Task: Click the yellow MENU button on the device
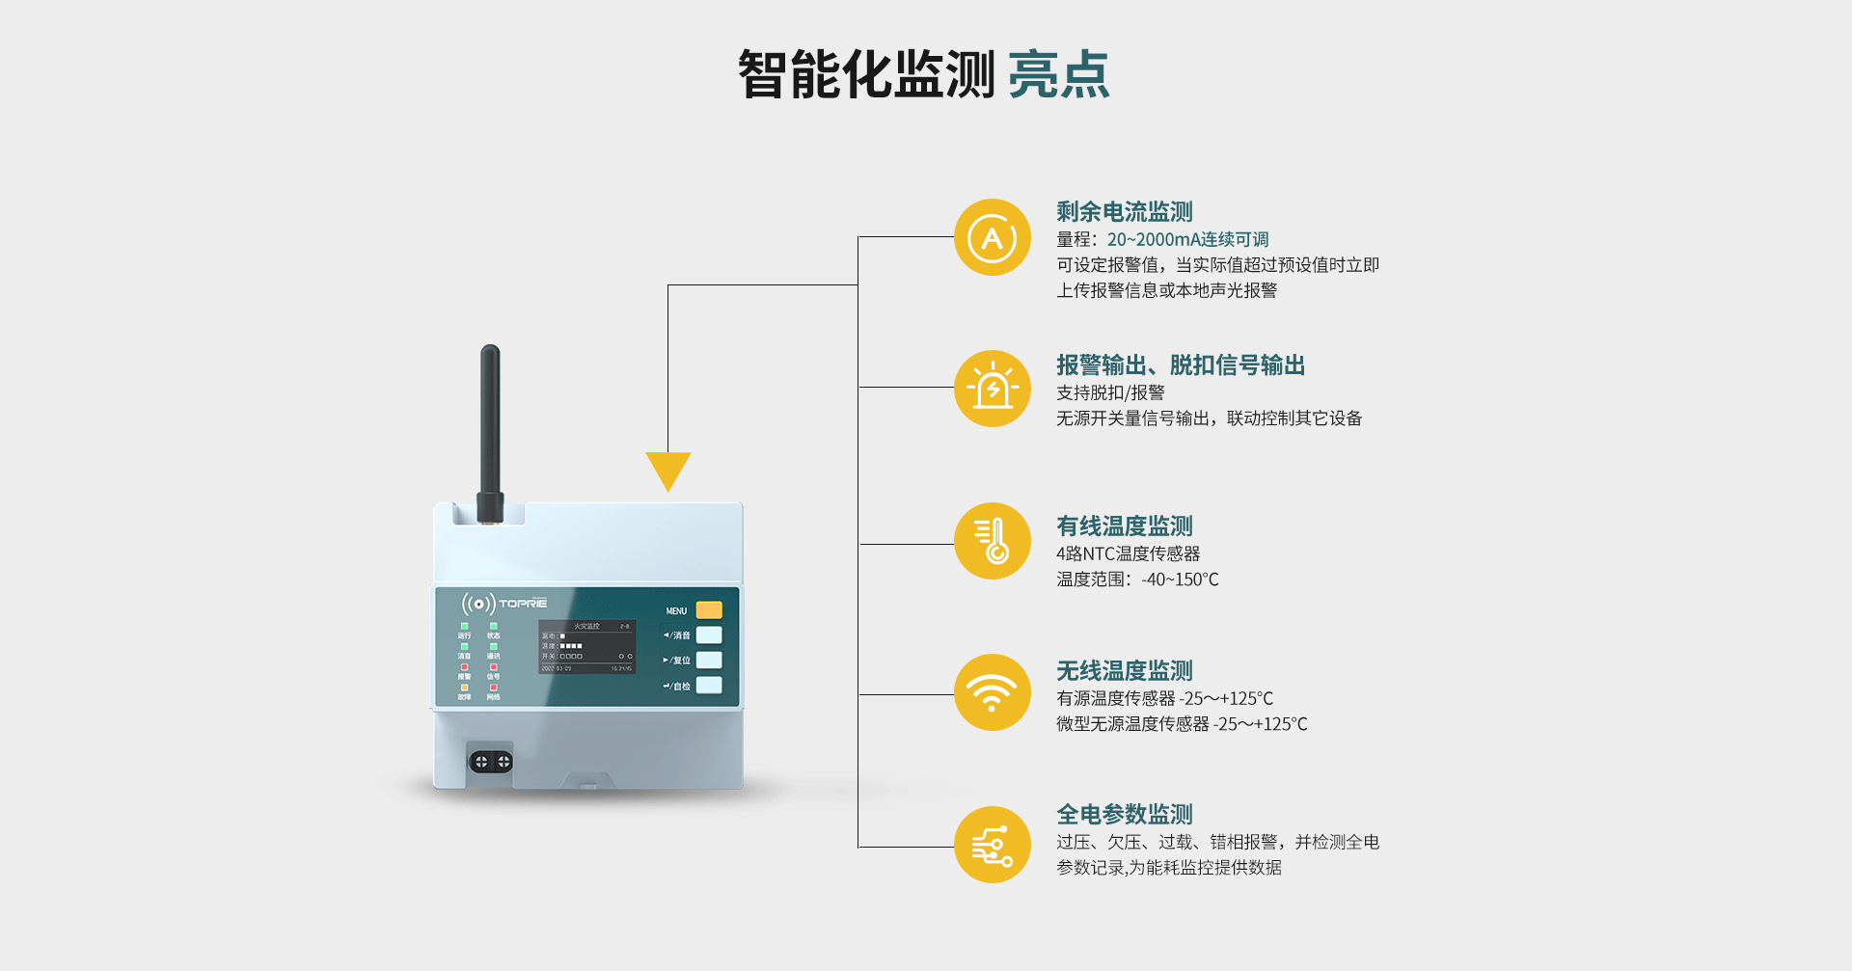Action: (708, 610)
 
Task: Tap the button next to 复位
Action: (708, 661)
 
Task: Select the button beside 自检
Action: (708, 686)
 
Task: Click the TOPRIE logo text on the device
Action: (522, 604)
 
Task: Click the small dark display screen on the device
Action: (586, 647)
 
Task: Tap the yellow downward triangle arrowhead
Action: (667, 471)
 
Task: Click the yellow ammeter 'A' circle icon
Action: (993, 237)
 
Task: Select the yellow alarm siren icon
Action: (993, 389)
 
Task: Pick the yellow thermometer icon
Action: (993, 541)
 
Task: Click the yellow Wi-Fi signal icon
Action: (993, 692)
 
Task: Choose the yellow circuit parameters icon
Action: (993, 845)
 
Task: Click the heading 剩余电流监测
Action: (1124, 212)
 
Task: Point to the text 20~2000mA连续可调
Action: (1187, 239)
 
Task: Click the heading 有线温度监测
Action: (1124, 526)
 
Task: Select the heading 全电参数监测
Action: (1124, 815)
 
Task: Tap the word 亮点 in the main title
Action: (1058, 75)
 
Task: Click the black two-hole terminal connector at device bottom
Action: (491, 762)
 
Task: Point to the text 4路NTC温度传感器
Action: (1128, 553)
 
